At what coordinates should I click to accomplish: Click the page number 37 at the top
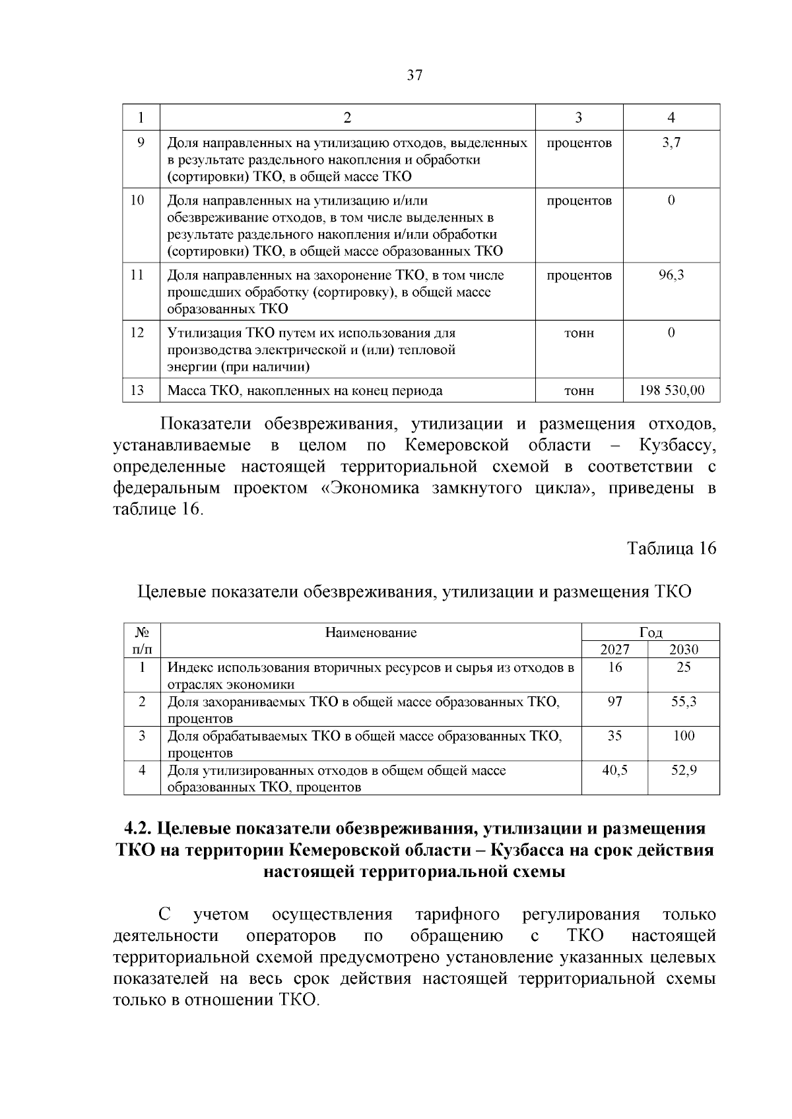414,75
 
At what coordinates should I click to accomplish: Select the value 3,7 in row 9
671,142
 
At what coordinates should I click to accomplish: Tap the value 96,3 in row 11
671,275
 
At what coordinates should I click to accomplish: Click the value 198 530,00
671,390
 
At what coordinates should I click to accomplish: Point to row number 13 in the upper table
137,390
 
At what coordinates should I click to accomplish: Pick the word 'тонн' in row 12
579,333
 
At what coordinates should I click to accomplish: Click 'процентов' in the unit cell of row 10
579,200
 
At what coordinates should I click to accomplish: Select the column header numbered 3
579,117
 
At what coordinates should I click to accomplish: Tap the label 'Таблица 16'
671,549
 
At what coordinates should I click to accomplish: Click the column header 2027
614,650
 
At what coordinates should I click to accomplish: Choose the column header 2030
684,650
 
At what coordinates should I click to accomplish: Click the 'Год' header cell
651,632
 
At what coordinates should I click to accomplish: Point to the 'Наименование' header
371,633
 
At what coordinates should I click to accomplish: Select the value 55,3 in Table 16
684,702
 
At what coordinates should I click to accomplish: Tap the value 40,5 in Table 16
614,770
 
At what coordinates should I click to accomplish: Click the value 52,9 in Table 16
684,770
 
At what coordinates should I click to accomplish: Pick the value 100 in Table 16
684,736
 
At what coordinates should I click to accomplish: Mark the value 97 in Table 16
614,702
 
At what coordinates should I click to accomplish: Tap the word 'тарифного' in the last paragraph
457,915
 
